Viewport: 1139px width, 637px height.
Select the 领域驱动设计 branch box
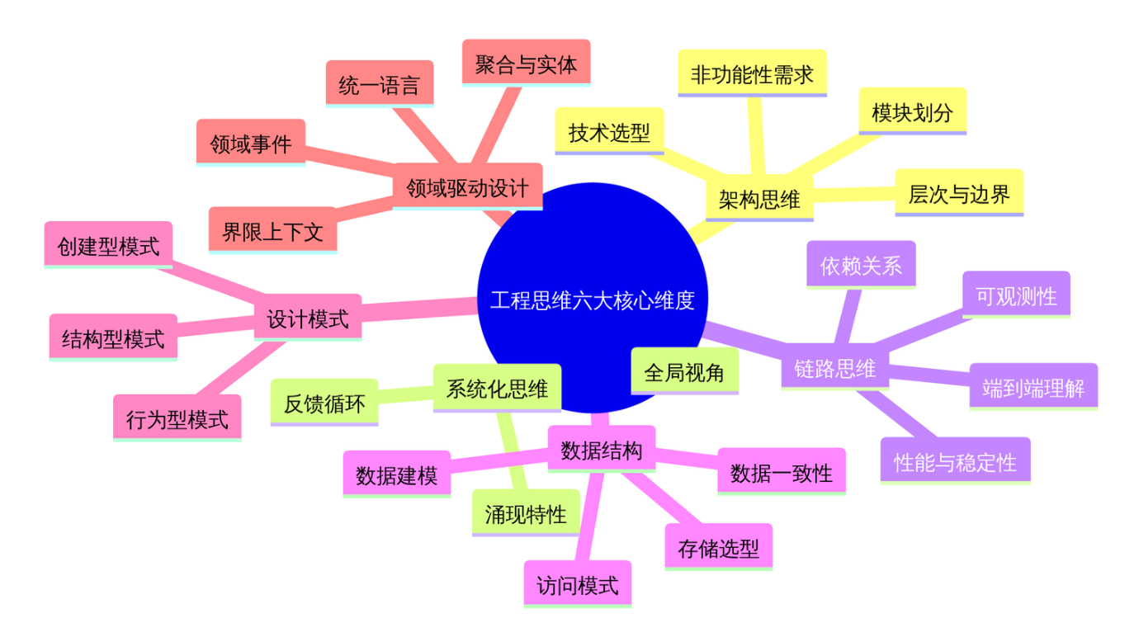[x=467, y=186]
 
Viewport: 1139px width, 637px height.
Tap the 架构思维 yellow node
[x=759, y=198]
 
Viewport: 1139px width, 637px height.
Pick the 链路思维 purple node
[x=834, y=369]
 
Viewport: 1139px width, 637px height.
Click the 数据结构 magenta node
[x=601, y=450]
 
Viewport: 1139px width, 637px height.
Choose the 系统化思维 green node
[x=497, y=388]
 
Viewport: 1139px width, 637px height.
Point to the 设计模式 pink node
[x=308, y=318]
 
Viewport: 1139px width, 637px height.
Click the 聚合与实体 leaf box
[x=526, y=63]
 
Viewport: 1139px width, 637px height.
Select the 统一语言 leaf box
[x=379, y=84]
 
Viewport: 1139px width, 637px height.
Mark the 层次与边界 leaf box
[x=959, y=193]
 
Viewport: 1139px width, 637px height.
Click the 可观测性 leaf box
[x=1016, y=295]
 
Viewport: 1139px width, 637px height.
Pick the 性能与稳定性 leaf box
[x=955, y=461]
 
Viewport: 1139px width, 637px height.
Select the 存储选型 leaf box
[x=718, y=546]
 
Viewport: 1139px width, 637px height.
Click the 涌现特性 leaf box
[x=526, y=513]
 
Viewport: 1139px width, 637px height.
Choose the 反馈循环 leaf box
[x=324, y=403]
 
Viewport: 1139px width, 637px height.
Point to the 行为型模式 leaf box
[x=177, y=418]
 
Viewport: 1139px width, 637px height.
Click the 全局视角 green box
[x=684, y=371]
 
